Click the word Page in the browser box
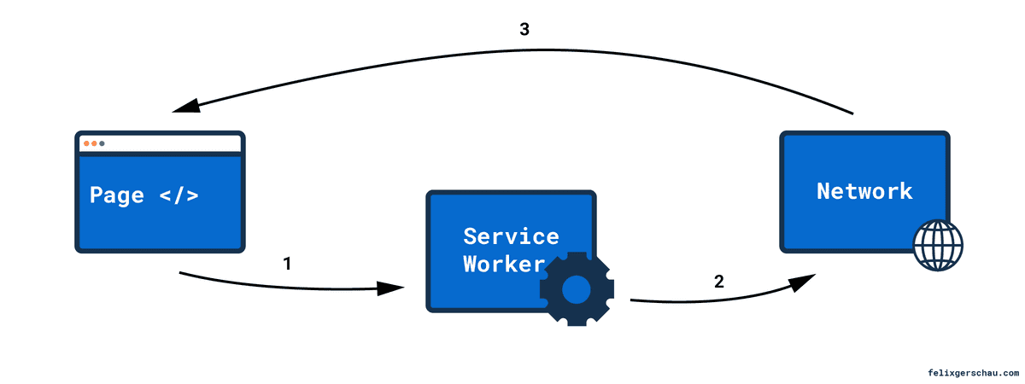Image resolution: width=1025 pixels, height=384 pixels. coord(116,195)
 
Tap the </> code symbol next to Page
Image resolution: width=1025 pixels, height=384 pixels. coord(179,195)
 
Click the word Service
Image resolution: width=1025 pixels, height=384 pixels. coord(511,236)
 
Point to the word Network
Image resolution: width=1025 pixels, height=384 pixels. coord(864,191)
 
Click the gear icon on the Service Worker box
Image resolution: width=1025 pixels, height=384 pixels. coord(577,289)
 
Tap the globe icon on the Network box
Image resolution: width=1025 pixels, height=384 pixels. coord(937,245)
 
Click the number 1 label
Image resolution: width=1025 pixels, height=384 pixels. coord(287,265)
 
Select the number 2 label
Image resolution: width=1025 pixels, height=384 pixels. coord(718,282)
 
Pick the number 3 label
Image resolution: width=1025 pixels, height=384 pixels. coord(524,30)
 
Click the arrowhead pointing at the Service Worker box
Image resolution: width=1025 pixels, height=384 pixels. coord(391,288)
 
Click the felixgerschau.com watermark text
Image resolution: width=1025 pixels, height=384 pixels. coord(973,373)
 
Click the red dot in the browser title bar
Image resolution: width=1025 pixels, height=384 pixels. coord(85,143)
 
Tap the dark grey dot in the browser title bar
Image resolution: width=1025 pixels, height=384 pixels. coord(102,143)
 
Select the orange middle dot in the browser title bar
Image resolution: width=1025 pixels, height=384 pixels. coord(94,143)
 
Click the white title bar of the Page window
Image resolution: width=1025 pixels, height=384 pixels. coord(171,143)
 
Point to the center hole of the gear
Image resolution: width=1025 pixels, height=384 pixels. coord(577,289)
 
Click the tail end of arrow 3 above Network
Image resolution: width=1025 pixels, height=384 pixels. coord(851,112)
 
